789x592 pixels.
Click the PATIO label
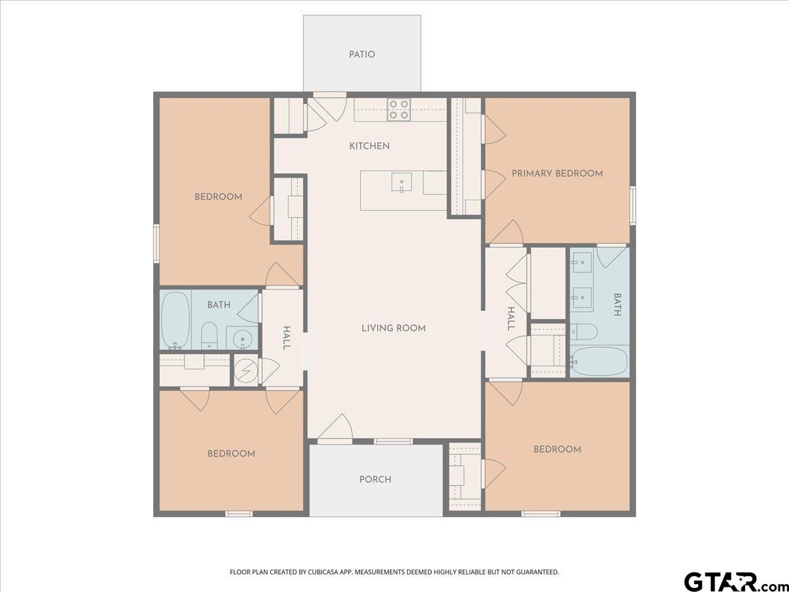[x=362, y=55]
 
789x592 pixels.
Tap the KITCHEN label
[x=369, y=146]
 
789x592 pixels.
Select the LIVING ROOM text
[x=393, y=328]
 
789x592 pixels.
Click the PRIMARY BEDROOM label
[x=557, y=174]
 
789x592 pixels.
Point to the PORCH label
[x=375, y=480]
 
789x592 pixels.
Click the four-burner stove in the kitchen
[x=398, y=109]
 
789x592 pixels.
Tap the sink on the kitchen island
[x=401, y=182]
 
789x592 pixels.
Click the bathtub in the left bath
[x=175, y=320]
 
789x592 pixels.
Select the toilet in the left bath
[x=209, y=335]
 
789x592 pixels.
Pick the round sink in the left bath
[x=243, y=339]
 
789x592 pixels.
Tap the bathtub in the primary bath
[x=599, y=360]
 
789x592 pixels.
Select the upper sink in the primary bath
[x=581, y=265]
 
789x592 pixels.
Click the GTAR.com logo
[x=730, y=581]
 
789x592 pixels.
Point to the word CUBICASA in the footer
[x=325, y=572]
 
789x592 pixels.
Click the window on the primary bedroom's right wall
[x=633, y=205]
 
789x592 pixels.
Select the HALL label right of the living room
[x=511, y=319]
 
